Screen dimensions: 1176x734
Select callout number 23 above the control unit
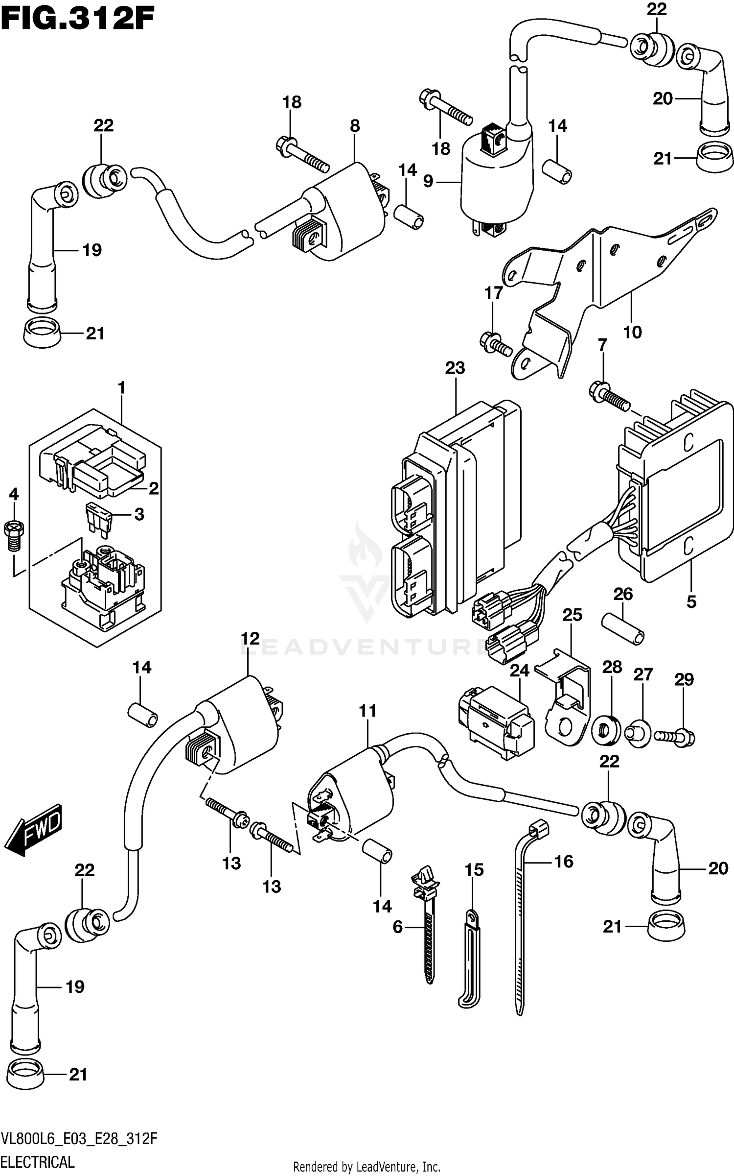pyautogui.click(x=455, y=368)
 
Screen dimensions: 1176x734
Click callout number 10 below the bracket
pyautogui.click(x=632, y=333)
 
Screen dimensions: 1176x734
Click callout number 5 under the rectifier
pyautogui.click(x=691, y=602)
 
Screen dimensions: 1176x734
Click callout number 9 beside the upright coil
pyautogui.click(x=428, y=182)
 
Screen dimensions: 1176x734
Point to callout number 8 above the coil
pyautogui.click(x=355, y=126)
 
